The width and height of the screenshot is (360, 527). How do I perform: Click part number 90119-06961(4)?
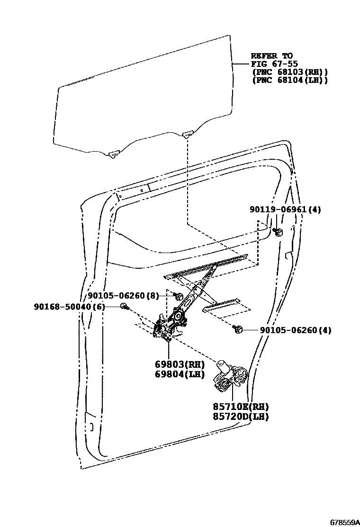285,209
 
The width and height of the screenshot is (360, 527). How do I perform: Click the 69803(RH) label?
172,364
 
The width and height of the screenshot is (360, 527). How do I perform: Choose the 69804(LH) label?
172,374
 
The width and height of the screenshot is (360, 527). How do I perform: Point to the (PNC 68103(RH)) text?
289,72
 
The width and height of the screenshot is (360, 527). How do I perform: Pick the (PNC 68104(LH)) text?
289,80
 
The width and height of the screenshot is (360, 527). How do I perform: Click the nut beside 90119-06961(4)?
279,232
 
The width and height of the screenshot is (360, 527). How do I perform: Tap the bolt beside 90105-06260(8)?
179,297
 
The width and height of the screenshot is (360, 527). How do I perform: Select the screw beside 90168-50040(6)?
124,307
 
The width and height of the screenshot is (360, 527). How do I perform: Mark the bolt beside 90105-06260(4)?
238,329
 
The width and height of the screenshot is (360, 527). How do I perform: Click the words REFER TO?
271,56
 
